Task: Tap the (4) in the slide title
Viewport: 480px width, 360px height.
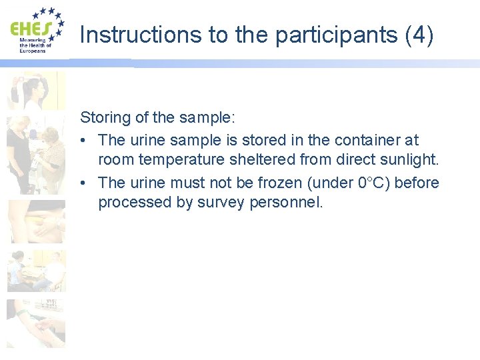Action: [x=419, y=35]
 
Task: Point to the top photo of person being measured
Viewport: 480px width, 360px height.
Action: [x=36, y=91]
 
